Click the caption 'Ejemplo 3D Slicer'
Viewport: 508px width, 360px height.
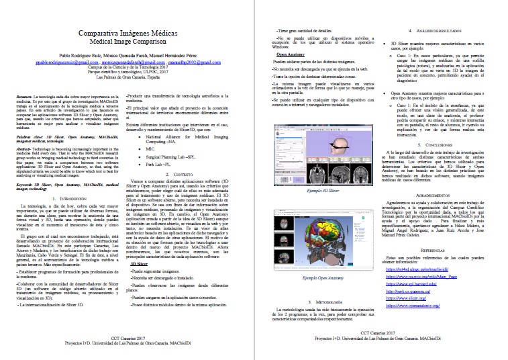pyautogui.click(x=320, y=173)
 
